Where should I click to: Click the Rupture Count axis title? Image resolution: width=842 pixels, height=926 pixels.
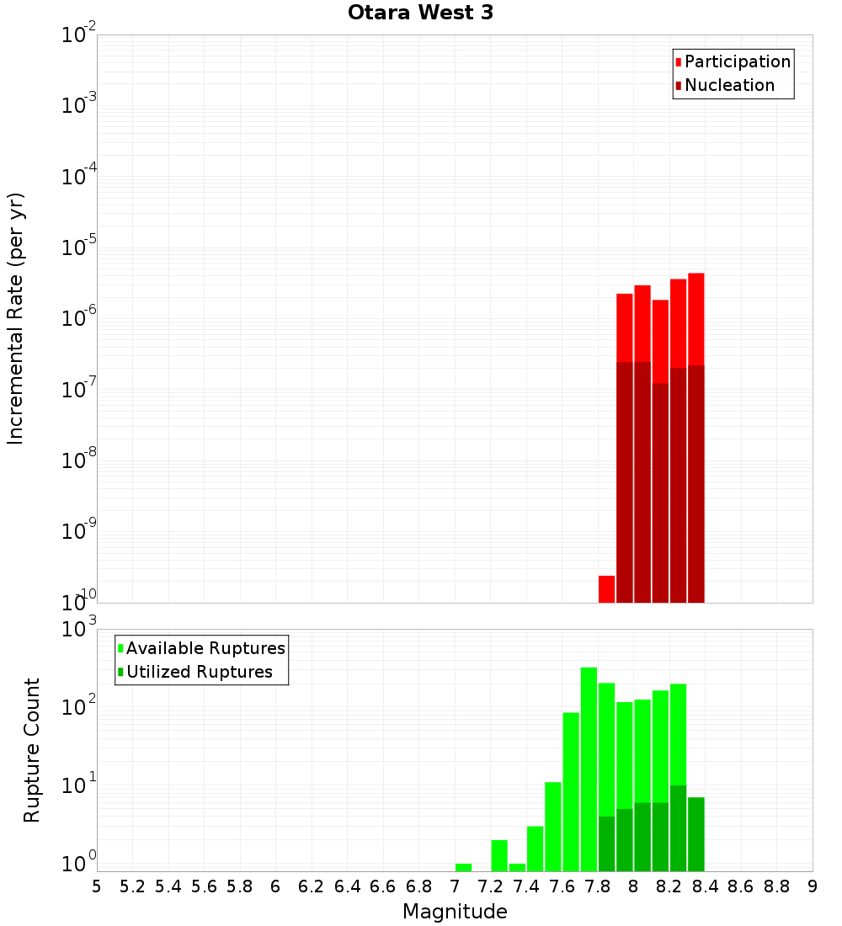32,750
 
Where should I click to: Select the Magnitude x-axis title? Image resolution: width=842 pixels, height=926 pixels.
455,912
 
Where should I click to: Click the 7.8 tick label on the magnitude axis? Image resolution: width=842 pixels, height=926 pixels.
598,886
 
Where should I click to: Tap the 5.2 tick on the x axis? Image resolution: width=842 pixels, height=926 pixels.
133,886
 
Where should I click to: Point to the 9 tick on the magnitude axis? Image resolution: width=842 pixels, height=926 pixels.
812,886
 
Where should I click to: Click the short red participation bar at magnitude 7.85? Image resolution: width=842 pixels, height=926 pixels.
606,588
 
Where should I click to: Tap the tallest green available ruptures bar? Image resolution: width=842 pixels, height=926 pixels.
589,766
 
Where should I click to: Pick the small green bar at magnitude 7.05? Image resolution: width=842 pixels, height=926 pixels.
463,867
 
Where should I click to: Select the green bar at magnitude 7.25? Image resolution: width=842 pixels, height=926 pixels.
499,855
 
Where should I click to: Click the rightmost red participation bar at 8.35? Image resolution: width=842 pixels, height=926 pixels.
695,320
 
